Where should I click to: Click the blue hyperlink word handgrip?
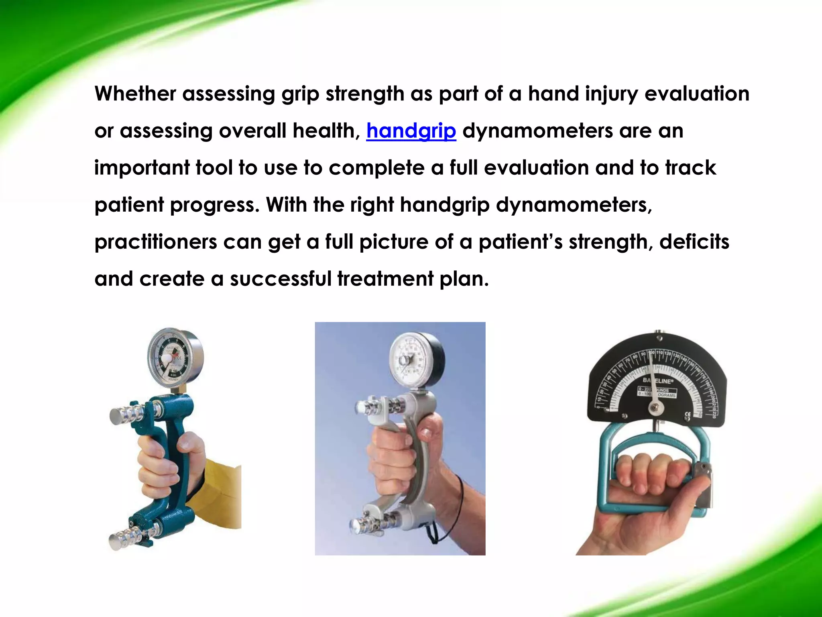point(411,131)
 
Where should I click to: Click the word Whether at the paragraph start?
point(135,94)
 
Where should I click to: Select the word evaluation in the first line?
point(697,94)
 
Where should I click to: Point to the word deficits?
point(694,241)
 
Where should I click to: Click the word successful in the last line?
point(281,279)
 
